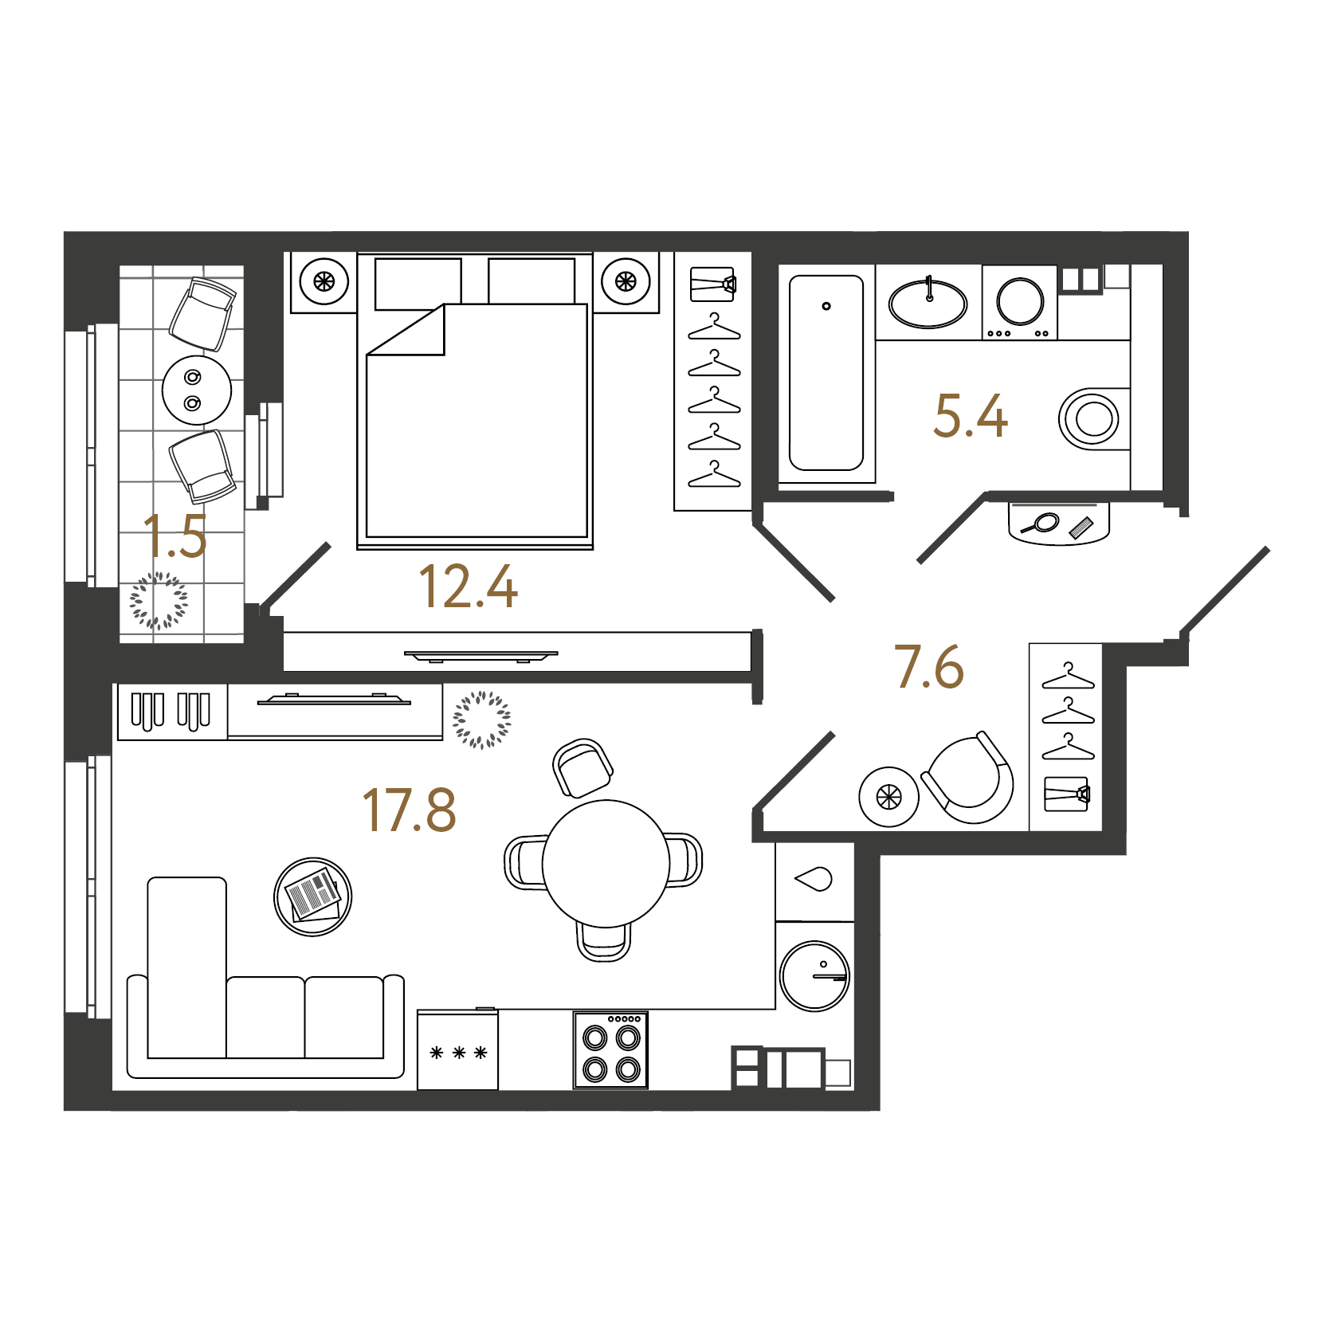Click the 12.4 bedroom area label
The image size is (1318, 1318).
click(x=468, y=587)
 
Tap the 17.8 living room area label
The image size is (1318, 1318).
click(x=409, y=810)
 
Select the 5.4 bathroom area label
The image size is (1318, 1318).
click(x=971, y=415)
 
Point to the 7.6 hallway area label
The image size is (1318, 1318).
click(x=929, y=666)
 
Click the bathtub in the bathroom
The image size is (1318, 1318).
click(x=826, y=373)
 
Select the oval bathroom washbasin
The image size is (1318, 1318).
click(x=928, y=304)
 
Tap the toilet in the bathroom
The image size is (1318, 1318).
click(x=1093, y=418)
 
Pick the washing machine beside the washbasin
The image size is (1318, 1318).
click(x=1020, y=303)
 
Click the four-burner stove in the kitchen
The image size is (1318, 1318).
click(x=610, y=1050)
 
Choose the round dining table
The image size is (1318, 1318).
click(x=606, y=863)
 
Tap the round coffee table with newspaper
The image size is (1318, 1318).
click(x=312, y=896)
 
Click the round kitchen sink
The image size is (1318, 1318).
click(x=815, y=975)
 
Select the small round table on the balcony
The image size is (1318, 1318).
click(x=197, y=390)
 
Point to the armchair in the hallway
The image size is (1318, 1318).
click(x=969, y=779)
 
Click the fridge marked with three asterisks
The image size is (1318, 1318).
click(x=457, y=1049)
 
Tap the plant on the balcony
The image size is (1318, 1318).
click(x=159, y=600)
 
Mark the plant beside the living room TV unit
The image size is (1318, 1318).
click(x=481, y=720)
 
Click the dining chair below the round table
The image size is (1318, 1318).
click(x=603, y=940)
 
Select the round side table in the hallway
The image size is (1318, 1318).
click(x=888, y=797)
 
